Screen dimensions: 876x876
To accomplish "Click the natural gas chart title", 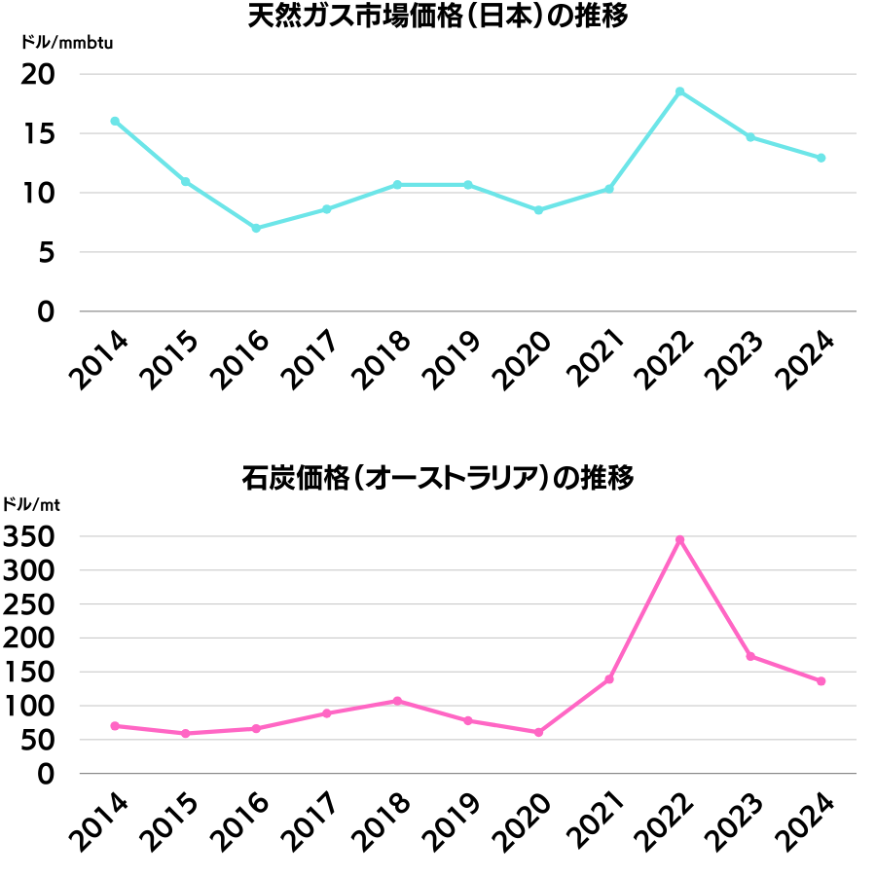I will pos(438,18).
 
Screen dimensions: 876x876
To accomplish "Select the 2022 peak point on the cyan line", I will pos(679,91).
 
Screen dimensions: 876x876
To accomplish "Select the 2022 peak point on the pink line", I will pos(679,539).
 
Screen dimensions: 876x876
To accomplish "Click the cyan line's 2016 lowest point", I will pos(256,228).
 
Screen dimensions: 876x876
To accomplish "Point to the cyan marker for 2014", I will pos(115,121).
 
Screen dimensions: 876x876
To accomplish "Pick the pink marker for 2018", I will pos(397,701).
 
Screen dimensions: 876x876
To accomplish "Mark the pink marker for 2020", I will pos(538,732).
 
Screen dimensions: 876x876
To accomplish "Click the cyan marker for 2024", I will pos(821,158).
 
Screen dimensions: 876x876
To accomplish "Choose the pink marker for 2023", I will pos(750,656).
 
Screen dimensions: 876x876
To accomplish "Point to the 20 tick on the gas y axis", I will pos(38,74).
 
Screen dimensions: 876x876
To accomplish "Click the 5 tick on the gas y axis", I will pos(45,252).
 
